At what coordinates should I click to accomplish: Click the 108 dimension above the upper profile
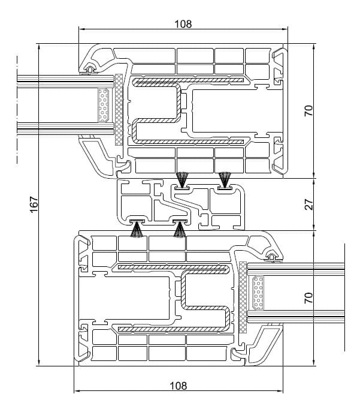(183, 24)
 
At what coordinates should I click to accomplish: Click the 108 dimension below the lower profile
(178, 386)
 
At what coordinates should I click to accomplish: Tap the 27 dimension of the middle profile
(309, 204)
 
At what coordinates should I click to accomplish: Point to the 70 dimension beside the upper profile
(309, 111)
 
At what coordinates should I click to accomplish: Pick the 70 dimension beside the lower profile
(309, 298)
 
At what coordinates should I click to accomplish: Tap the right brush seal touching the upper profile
(225, 179)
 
